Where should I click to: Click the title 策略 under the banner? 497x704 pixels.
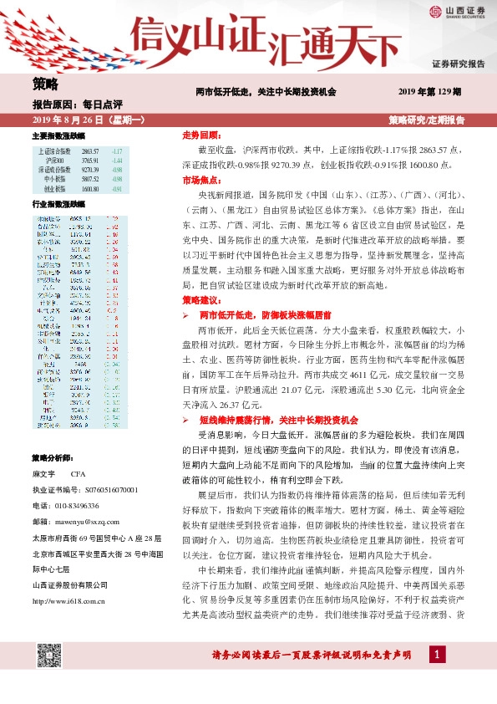[x=45, y=84]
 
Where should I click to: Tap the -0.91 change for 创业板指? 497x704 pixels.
[x=117, y=190]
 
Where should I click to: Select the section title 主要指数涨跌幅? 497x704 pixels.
[x=58, y=135]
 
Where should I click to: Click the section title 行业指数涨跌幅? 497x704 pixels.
[x=58, y=204]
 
